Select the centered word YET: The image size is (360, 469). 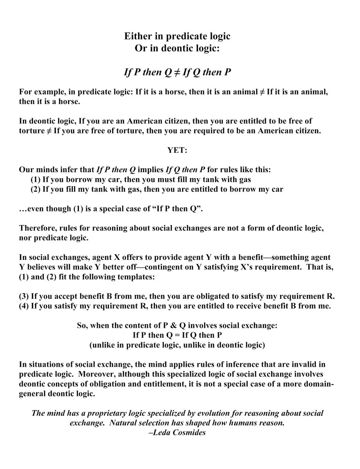click(177, 150)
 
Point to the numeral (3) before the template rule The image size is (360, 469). click(24, 297)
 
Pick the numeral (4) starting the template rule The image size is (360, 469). click(24, 307)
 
